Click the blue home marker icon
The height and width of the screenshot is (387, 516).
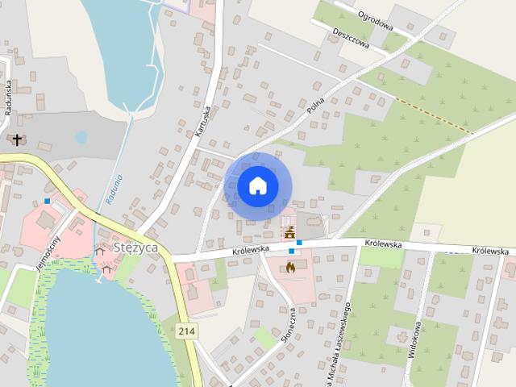[x=257, y=185]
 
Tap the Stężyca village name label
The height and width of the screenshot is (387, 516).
[x=135, y=247]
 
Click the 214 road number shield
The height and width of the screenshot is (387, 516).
[x=187, y=331]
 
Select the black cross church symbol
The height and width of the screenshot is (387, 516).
[x=17, y=139]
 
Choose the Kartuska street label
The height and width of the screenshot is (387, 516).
[x=202, y=121]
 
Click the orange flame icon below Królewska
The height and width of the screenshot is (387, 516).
[x=290, y=265]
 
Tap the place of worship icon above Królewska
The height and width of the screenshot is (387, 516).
[x=289, y=232]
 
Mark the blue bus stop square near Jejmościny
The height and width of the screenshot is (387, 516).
[x=48, y=201]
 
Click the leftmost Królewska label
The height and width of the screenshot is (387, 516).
[x=227, y=250]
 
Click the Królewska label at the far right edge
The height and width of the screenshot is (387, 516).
[x=490, y=251]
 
